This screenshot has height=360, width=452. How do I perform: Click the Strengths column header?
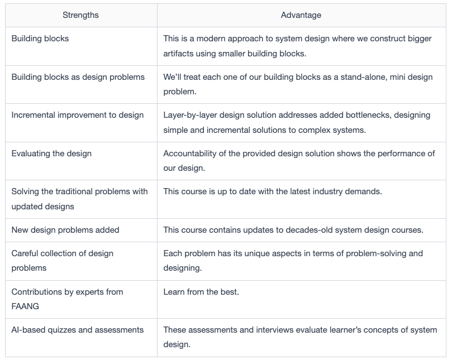click(80, 15)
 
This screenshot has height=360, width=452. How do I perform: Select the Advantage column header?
click(301, 15)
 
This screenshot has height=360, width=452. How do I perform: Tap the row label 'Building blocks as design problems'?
click(78, 77)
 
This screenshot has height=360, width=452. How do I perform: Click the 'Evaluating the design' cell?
click(51, 153)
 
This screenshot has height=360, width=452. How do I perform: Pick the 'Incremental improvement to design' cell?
click(78, 115)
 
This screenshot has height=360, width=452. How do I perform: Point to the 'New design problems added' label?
click(65, 230)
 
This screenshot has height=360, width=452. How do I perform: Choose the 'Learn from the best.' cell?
click(201, 292)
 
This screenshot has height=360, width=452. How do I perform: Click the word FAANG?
click(25, 306)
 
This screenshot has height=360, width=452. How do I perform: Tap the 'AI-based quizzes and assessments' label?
click(78, 330)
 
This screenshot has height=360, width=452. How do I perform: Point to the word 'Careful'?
click(25, 253)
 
